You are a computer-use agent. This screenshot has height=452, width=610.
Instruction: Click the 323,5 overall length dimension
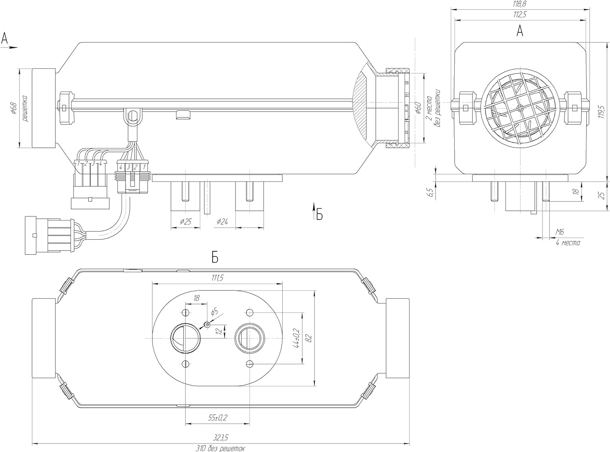[221, 437]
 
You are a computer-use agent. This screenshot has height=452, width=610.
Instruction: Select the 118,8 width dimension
[520, 4]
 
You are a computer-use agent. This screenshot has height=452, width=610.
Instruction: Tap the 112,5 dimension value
[520, 15]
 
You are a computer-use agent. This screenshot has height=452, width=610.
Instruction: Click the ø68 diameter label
[13, 109]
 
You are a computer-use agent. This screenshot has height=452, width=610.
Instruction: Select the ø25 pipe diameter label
[185, 222]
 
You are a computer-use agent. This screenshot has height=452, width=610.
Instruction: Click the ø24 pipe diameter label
[222, 222]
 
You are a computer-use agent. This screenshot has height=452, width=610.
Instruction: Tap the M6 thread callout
[560, 232]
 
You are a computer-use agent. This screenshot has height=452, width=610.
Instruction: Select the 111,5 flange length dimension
[218, 278]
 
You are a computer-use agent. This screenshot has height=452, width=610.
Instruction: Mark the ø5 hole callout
[214, 312]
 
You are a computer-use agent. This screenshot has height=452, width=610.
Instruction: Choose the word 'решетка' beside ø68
[24, 109]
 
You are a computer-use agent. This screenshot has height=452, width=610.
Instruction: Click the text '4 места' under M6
[568, 242]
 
